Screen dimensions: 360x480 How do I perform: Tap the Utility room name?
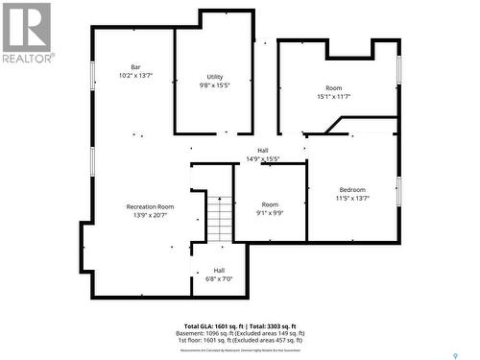coord(214,77)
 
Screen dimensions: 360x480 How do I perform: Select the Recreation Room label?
coord(150,206)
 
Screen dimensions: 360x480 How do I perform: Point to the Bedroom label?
coord(352,190)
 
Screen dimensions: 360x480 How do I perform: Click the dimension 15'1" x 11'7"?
coord(334,96)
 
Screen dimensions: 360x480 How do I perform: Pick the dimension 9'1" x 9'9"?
coord(270,213)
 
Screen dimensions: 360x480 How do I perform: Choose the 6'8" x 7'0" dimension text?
coord(219,278)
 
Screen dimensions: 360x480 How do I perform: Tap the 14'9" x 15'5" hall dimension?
coord(262,158)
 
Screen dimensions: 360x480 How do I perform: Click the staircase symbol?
coord(221,218)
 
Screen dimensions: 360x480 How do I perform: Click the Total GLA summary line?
coord(240,326)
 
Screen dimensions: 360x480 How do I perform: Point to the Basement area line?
coord(240,333)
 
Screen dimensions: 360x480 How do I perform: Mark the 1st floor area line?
coord(240,340)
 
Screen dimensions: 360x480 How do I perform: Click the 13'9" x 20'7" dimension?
coord(150,215)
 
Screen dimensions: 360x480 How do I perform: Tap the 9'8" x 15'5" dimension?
coord(214,85)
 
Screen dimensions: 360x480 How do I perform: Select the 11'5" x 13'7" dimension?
coord(352,199)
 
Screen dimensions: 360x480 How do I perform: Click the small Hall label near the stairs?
coord(219,270)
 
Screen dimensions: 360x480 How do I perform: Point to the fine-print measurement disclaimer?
coord(240,348)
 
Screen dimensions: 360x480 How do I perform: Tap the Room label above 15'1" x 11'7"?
coord(334,87)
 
